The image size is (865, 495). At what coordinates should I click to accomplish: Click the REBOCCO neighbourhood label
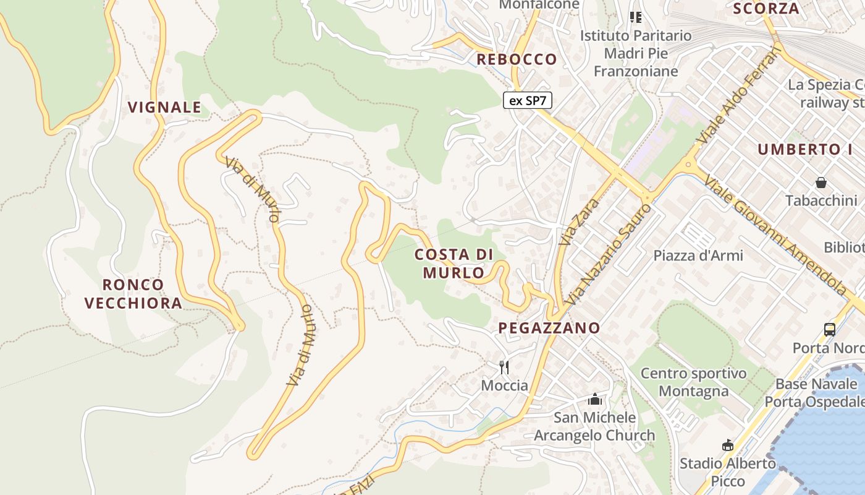(517, 59)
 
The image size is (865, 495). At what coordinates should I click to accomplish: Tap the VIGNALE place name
(164, 107)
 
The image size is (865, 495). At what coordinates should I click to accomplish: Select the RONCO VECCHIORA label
(133, 294)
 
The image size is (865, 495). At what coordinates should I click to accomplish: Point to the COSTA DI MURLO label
(454, 263)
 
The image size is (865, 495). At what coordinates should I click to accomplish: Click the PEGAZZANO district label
(549, 328)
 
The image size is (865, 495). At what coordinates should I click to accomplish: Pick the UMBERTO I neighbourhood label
(804, 149)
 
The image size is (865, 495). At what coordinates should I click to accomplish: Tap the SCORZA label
(766, 9)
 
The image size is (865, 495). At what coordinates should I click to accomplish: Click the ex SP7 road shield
(527, 100)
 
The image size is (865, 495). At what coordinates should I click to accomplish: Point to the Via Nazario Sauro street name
(609, 254)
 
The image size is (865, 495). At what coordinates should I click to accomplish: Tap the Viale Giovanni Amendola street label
(775, 235)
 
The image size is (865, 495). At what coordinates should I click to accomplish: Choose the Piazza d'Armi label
(698, 255)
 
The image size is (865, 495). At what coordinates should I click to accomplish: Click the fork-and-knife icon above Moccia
(504, 368)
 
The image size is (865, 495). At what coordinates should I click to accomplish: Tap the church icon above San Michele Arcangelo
(595, 399)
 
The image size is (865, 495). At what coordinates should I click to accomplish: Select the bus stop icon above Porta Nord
(829, 329)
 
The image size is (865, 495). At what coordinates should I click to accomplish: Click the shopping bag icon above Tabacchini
(821, 183)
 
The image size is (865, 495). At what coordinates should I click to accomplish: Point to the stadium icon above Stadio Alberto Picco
(727, 445)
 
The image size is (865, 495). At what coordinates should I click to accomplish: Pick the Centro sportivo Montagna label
(693, 382)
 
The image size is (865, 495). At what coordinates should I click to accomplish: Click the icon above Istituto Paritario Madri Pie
(636, 17)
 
